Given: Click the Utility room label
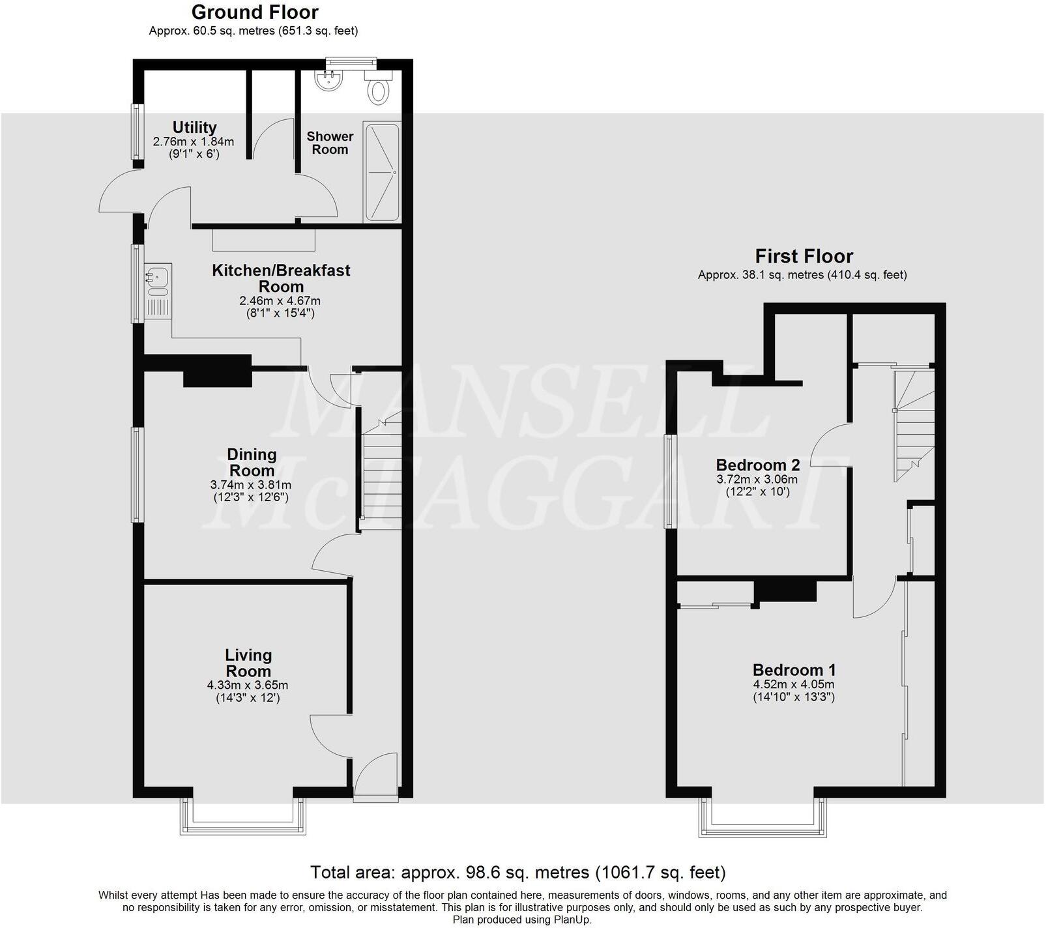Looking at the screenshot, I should [194, 127].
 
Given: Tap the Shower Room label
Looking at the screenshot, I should [330, 143].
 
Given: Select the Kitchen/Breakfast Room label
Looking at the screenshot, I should [281, 278].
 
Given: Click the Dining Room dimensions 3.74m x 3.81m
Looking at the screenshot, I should [251, 485].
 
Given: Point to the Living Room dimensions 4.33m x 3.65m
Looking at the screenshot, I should [248, 686].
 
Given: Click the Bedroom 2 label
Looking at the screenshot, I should [757, 465].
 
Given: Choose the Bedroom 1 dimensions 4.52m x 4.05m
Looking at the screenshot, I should [794, 684].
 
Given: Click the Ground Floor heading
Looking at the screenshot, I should [255, 12].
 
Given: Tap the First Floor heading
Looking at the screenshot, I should [804, 256].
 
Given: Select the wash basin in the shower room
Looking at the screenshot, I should [328, 80].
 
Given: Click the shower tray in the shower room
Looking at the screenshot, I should [383, 172].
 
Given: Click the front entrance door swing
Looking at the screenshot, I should [377, 774].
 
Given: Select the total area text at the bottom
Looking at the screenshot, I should [517, 872].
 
